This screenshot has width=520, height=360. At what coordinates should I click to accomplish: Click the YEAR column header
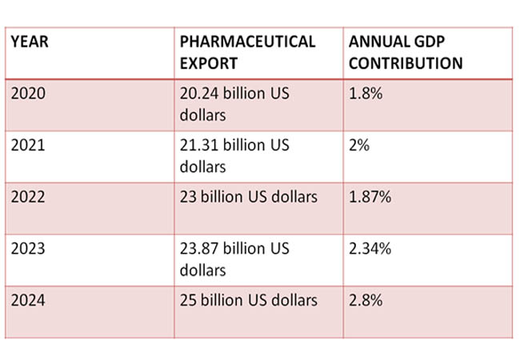pyautogui.click(x=30, y=42)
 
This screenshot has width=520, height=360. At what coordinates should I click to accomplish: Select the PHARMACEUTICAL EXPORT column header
pyautogui.click(x=247, y=52)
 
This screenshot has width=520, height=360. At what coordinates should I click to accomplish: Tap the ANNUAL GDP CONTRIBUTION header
pyautogui.click(x=405, y=52)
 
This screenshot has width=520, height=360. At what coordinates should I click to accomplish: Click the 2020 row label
pyautogui.click(x=30, y=94)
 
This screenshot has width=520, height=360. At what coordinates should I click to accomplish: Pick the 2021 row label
pyautogui.click(x=30, y=146)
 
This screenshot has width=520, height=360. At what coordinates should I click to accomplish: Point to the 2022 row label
pyautogui.click(x=30, y=197)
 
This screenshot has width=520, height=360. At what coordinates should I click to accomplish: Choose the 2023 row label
pyautogui.click(x=30, y=248)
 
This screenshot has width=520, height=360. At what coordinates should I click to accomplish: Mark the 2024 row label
pyautogui.click(x=30, y=300)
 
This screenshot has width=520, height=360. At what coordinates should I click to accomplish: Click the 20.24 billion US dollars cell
pyautogui.click(x=234, y=104)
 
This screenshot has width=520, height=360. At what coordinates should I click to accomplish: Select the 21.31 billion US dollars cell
pyautogui.click(x=234, y=156)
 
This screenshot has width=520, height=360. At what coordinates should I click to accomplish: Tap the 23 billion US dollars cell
pyautogui.click(x=249, y=197)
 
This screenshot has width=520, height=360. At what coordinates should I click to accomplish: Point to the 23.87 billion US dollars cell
pyautogui.click(x=234, y=258)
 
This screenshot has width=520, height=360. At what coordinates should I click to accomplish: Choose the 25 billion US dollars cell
pyautogui.click(x=249, y=300)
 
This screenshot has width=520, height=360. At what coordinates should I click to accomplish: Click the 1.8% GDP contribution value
pyautogui.click(x=366, y=94)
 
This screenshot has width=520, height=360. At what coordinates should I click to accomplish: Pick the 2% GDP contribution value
pyautogui.click(x=358, y=146)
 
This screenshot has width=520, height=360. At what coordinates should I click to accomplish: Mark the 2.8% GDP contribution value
pyautogui.click(x=366, y=300)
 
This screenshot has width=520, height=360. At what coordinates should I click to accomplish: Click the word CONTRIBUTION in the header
pyautogui.click(x=405, y=62)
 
